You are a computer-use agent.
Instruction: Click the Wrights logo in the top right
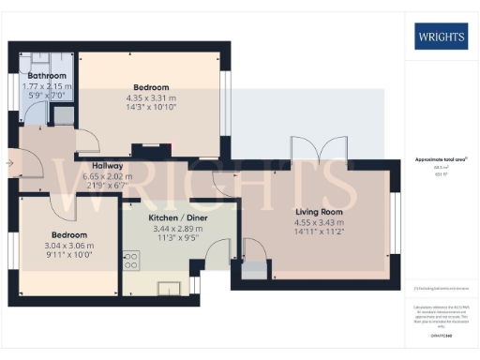click(x=440, y=37)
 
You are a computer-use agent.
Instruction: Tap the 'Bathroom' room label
click(x=46, y=75)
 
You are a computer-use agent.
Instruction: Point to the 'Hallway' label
click(x=107, y=165)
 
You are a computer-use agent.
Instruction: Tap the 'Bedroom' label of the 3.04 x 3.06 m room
click(x=69, y=234)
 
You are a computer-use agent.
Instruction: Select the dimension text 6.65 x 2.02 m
click(x=107, y=175)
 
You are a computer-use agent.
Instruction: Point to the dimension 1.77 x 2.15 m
click(x=46, y=86)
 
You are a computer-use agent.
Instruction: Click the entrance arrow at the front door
click(x=9, y=163)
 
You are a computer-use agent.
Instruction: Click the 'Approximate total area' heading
click(x=439, y=160)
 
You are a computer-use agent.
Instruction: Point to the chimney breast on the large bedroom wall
click(x=150, y=146)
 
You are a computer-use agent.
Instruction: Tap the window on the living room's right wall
click(x=393, y=219)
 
